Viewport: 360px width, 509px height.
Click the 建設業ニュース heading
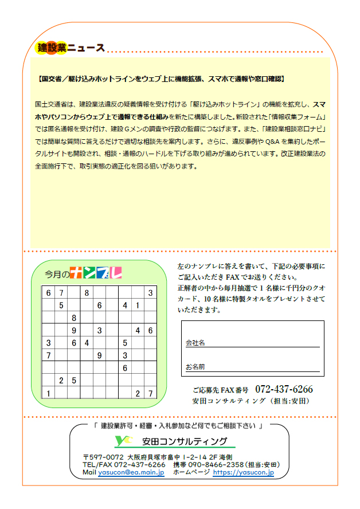click(x=70, y=48)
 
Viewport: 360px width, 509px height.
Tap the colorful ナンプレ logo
click(x=95, y=273)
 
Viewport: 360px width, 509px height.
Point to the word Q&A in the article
click(x=273, y=142)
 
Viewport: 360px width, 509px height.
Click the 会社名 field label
click(x=195, y=343)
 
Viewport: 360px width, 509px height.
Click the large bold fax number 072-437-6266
click(x=284, y=389)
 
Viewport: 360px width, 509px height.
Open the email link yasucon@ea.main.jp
click(x=131, y=473)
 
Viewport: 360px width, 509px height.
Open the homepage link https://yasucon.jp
click(x=243, y=473)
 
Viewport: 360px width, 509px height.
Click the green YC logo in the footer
click(x=124, y=441)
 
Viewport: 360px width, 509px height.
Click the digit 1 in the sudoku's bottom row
click(x=49, y=393)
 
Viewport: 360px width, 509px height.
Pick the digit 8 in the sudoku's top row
click(x=87, y=293)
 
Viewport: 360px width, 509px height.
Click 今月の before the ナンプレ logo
click(x=57, y=275)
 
